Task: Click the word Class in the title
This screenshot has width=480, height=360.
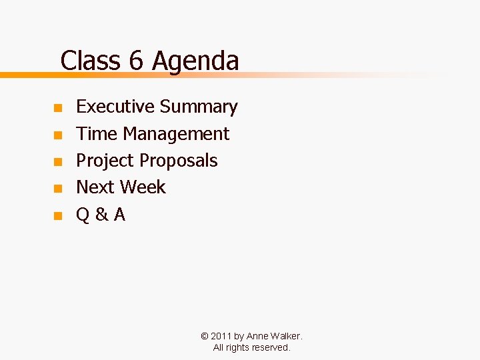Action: [91, 61]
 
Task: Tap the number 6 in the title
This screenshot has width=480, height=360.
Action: [136, 61]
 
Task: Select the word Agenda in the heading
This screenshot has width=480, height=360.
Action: [195, 61]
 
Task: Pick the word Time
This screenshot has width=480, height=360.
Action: [97, 133]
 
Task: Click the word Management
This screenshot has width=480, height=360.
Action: [176, 134]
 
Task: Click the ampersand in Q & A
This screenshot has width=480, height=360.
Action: [101, 215]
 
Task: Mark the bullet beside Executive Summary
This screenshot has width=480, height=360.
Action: [58, 108]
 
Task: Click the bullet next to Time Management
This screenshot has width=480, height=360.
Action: [58, 135]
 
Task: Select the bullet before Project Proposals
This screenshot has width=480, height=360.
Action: [58, 162]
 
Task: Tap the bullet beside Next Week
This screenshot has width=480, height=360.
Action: [58, 189]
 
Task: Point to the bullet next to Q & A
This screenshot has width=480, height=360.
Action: [58, 216]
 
